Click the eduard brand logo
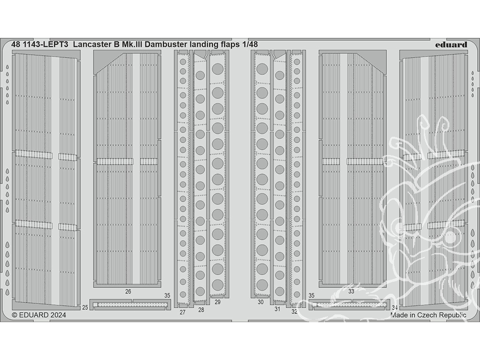(451, 45)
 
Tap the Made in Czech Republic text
(429, 315)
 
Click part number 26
(128, 291)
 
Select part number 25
(85, 307)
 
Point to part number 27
(182, 312)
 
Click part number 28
(201, 310)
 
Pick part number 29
(217, 302)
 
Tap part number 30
(261, 302)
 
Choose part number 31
(277, 309)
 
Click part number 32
(295, 312)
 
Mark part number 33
(351, 291)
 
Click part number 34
(395, 307)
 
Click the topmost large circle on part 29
(217, 69)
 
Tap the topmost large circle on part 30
(262, 69)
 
